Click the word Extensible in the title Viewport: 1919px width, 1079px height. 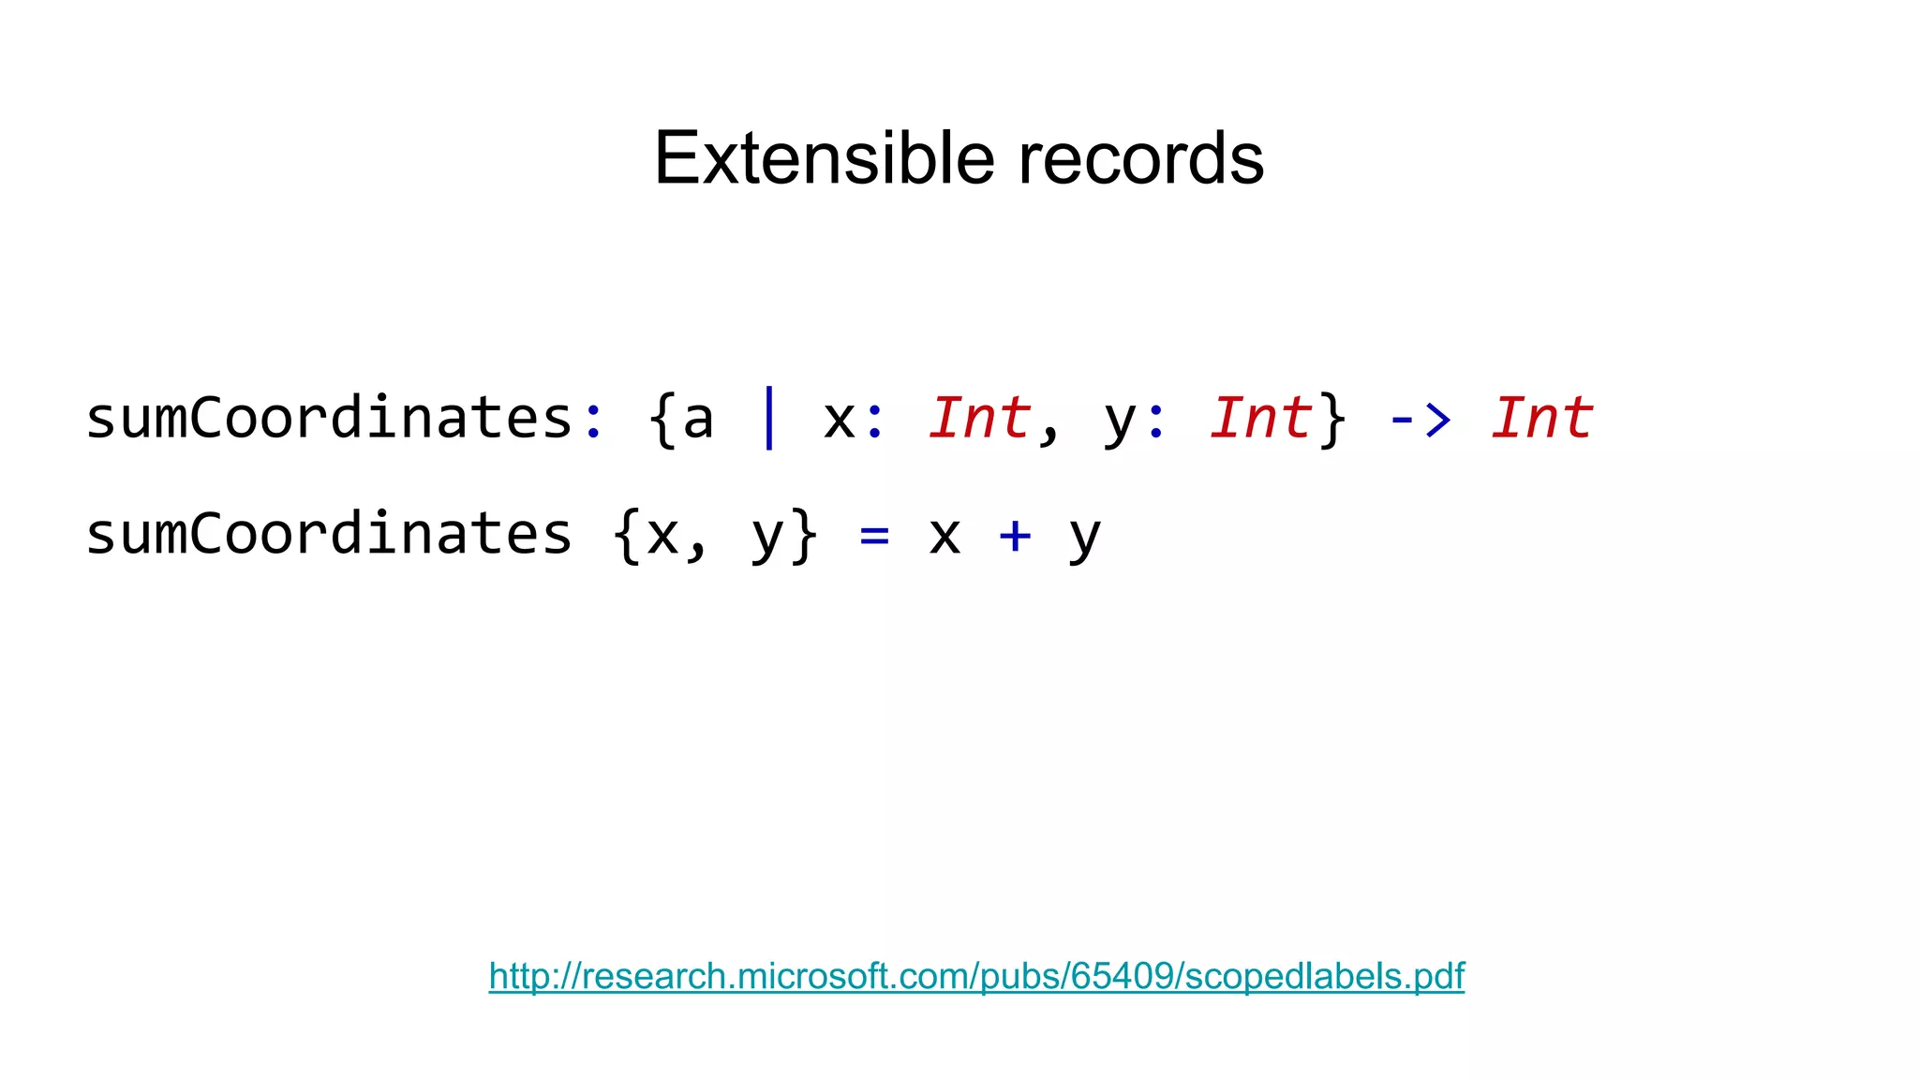824,158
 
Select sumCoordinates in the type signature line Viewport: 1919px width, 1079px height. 329,418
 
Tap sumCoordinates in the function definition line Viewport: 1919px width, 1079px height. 329,534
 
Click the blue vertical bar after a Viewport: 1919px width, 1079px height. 769,418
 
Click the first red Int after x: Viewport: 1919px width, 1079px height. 979,418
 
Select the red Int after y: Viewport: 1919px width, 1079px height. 1260,418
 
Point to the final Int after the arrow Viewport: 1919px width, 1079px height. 1541,418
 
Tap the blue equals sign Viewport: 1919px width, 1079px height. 874,536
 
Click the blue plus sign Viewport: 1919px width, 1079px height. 1015,536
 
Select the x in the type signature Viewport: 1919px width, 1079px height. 840,421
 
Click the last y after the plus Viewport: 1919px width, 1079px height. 1085,539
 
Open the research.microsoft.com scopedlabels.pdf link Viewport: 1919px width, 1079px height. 976,976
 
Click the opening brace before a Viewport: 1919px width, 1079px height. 662,420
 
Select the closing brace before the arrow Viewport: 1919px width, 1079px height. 1331,420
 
